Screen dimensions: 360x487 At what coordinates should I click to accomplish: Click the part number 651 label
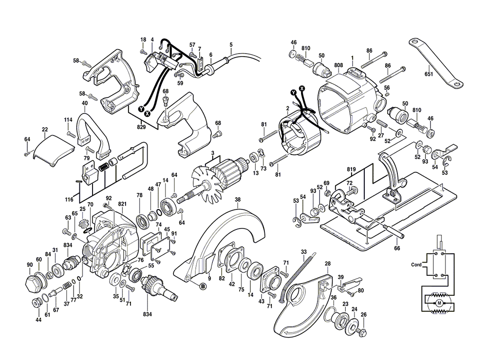click(x=429, y=75)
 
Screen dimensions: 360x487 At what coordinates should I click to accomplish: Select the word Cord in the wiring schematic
click(x=416, y=265)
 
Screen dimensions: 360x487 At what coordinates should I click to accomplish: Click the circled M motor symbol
click(x=439, y=303)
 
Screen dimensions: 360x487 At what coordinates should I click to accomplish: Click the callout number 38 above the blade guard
click(x=237, y=199)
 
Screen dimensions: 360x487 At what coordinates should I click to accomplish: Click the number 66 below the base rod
click(x=397, y=248)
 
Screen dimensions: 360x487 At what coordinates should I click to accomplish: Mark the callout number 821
click(x=122, y=203)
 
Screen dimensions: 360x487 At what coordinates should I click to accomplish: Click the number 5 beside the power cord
click(x=231, y=45)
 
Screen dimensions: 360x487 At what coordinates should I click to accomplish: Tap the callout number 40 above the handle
click(x=85, y=103)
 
